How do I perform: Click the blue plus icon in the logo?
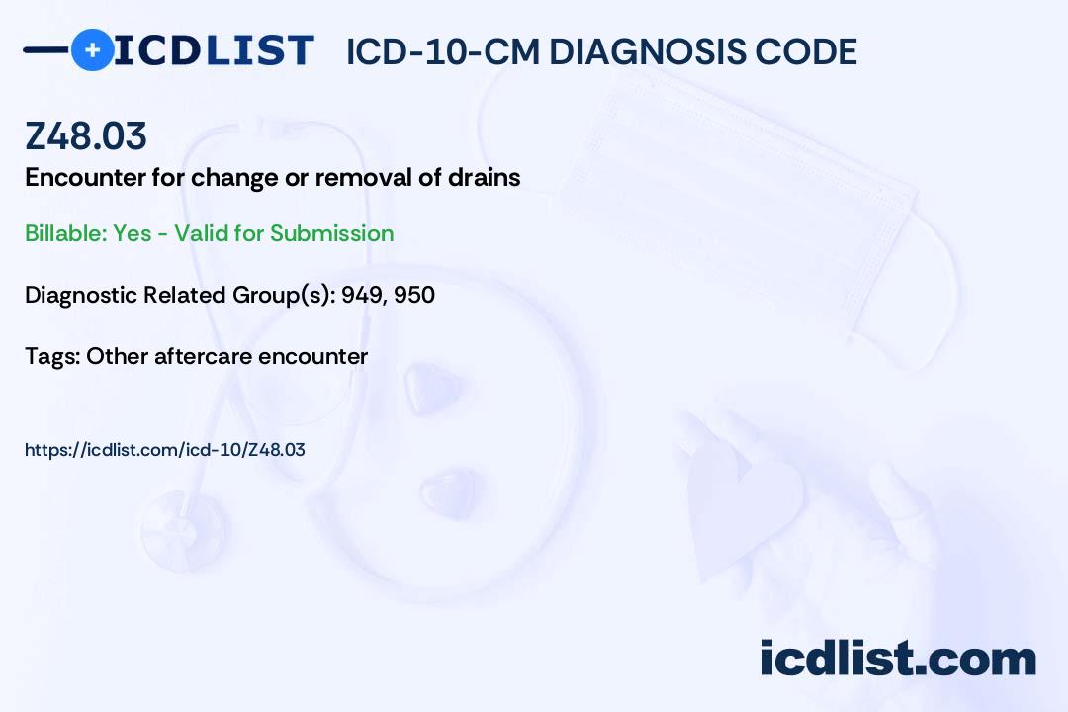coord(93,50)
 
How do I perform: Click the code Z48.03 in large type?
coord(86,135)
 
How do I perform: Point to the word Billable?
coord(64,233)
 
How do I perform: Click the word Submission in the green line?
coord(331,233)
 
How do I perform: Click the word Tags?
coord(51,356)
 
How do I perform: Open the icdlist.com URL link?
coord(165,450)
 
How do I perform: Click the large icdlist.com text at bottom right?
coord(898,658)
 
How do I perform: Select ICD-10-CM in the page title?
coord(443,51)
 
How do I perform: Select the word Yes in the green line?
coord(133,233)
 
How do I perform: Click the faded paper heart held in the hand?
coord(743,505)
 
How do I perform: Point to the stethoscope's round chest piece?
coord(183,530)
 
